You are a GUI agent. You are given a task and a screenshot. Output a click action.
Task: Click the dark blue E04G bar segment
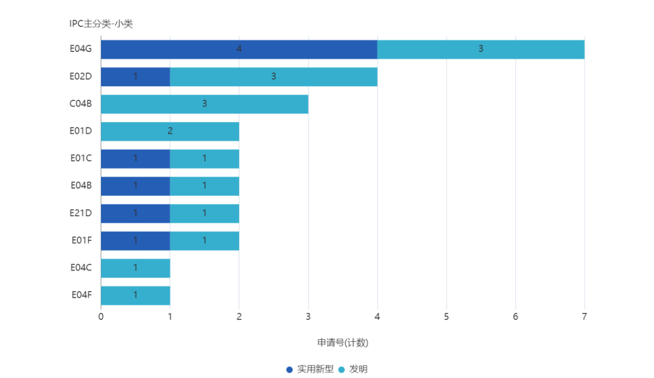tap(239, 49)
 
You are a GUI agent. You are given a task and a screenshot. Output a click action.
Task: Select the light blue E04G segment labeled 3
tap(481, 49)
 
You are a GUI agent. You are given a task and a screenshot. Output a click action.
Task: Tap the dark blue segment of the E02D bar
tap(135, 77)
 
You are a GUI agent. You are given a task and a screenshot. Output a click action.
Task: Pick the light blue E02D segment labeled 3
tap(273, 77)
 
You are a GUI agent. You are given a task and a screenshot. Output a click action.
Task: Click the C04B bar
tap(204, 104)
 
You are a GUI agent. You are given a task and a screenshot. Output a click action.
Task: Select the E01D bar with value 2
tap(170, 131)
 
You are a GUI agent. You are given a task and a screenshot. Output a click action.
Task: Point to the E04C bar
tap(135, 268)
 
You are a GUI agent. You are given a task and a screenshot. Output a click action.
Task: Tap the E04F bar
tap(135, 295)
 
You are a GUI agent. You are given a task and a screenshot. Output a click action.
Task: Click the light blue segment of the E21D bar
tap(204, 213)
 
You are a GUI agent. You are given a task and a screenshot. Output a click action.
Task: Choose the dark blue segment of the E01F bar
tap(135, 240)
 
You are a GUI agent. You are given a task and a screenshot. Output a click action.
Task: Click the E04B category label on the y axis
tap(81, 185)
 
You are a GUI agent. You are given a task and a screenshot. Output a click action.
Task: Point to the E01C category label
tap(81, 158)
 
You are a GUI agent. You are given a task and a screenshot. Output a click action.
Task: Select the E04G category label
tap(81, 49)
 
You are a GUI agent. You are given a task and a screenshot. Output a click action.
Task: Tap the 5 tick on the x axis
tap(446, 317)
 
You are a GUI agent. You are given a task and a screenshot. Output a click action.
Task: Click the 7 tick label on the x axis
tap(584, 317)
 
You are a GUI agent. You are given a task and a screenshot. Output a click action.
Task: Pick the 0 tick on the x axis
tap(101, 317)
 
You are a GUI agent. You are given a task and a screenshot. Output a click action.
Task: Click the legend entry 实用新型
tap(310, 369)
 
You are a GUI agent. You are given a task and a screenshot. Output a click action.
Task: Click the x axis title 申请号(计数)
tap(343, 343)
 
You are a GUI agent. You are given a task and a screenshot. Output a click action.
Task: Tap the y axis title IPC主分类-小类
tap(101, 24)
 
